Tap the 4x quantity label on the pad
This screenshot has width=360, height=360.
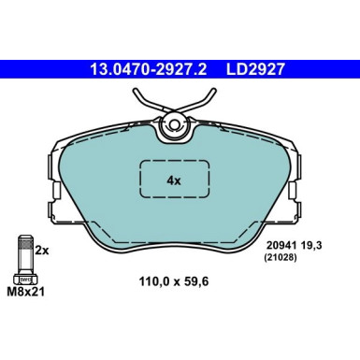click(173, 179)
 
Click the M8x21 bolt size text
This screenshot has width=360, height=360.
click(25, 293)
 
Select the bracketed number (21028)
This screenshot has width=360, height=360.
click(285, 259)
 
